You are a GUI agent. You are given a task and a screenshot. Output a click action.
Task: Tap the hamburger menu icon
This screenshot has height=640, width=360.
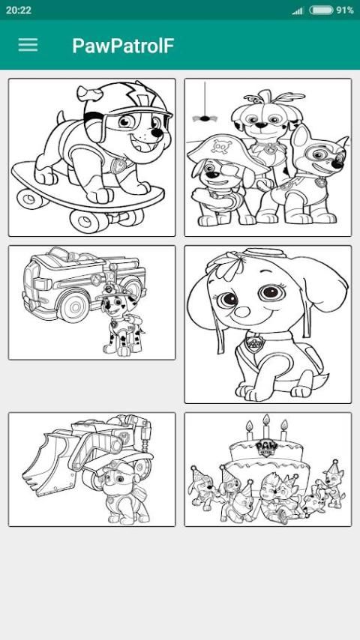point(28,45)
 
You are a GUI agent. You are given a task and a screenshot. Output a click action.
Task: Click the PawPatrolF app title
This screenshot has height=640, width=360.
point(123,46)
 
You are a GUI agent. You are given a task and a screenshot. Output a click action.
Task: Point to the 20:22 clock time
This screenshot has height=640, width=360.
point(19,10)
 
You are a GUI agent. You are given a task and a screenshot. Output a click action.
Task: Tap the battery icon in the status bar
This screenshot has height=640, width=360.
point(321,10)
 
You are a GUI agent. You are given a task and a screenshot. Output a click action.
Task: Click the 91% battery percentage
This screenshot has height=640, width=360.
point(345,10)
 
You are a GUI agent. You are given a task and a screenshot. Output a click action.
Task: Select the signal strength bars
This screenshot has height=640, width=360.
point(298,11)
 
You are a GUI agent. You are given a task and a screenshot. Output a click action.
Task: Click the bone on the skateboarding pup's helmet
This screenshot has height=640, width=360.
point(90,94)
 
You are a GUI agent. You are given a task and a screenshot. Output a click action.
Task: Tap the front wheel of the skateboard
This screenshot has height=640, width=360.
point(85,221)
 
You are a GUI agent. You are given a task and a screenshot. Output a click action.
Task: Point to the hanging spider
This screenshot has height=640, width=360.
point(204,118)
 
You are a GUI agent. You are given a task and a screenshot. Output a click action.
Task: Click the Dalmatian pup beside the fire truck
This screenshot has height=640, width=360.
point(121,321)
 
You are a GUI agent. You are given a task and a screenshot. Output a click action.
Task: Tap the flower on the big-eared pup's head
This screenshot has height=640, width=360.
point(226,266)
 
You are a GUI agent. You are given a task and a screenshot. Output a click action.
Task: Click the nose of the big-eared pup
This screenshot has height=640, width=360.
point(241,311)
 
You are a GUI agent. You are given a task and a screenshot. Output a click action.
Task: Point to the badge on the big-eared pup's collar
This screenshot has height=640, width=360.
point(255,343)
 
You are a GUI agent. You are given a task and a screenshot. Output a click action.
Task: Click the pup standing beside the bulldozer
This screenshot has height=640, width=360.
point(122,493)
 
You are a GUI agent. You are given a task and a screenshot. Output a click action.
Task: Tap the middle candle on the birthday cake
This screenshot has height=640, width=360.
point(266,426)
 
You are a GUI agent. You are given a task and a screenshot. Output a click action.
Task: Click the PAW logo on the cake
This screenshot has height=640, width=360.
point(266,447)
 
